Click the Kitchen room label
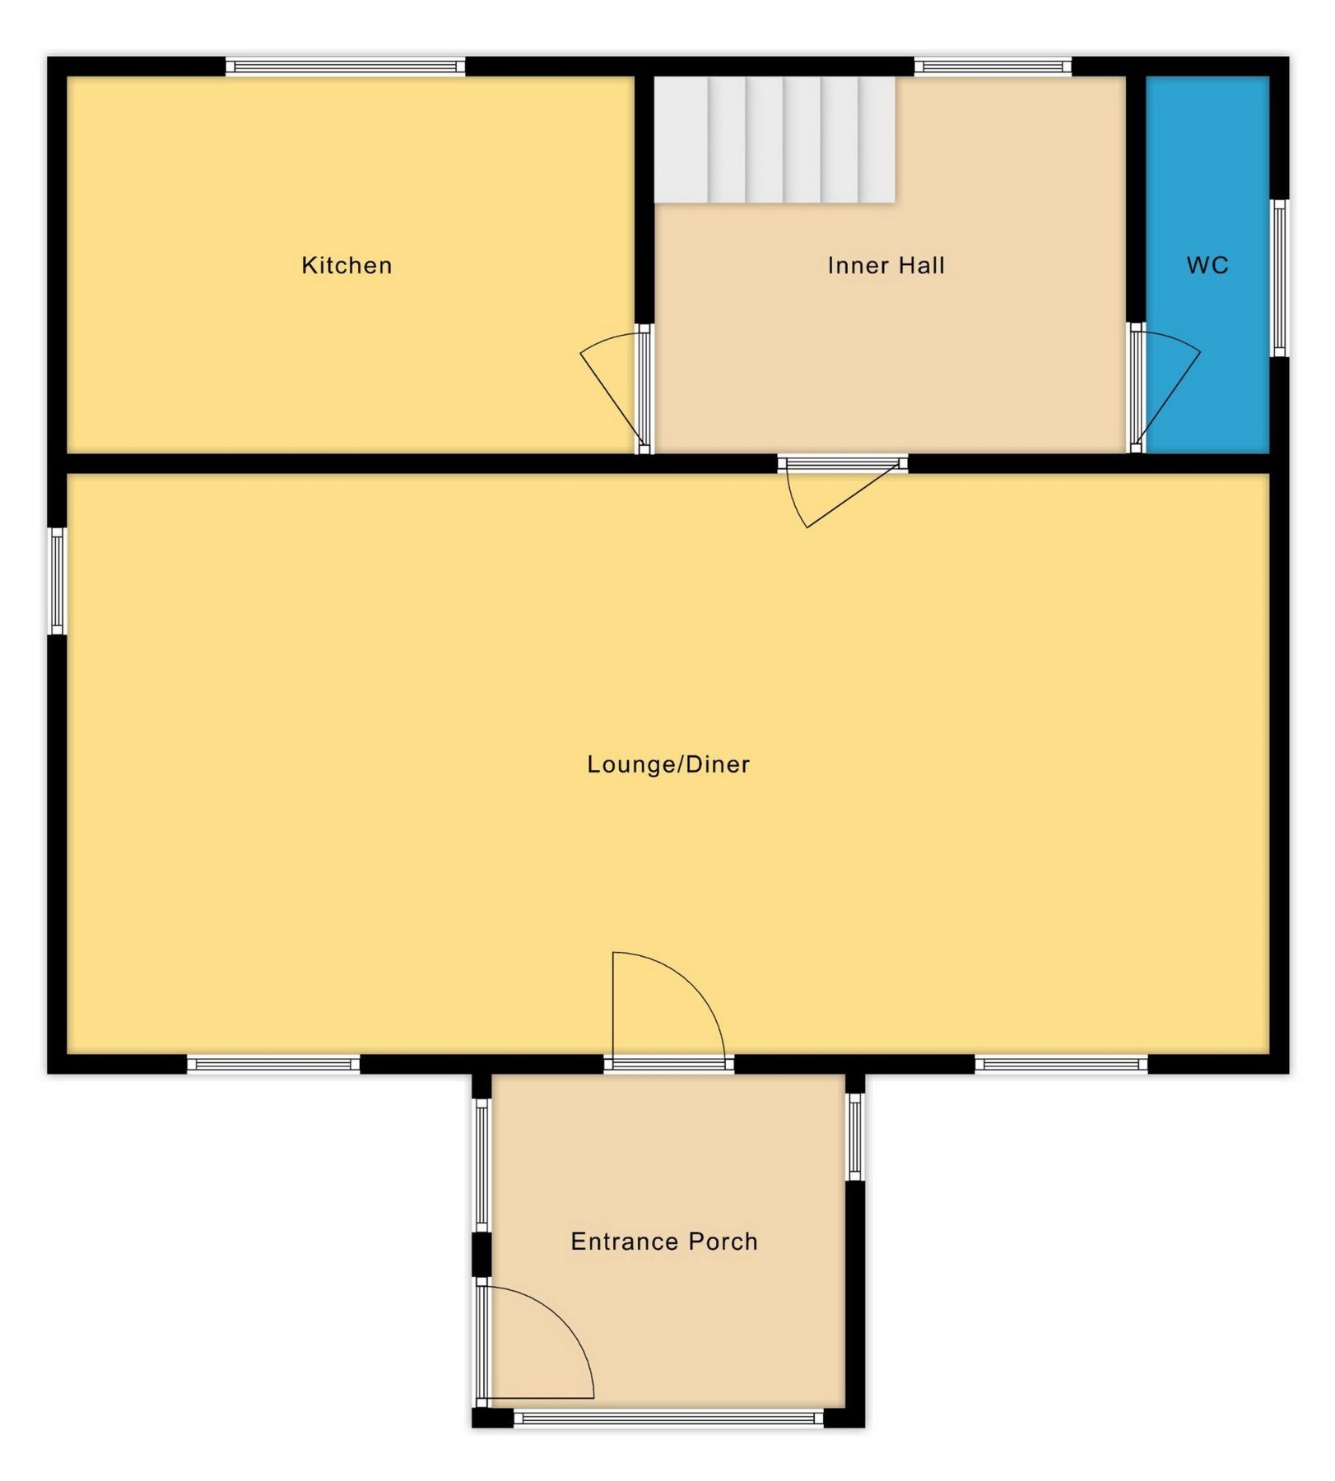tap(347, 265)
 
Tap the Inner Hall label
tap(886, 265)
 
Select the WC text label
tap(1207, 265)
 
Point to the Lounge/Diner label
tap(668, 764)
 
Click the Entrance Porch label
tap(664, 1241)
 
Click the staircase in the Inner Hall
tap(774, 140)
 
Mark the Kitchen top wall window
tap(346, 67)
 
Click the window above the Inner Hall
tap(993, 67)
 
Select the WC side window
tap(1279, 278)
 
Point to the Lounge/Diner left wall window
tap(57, 581)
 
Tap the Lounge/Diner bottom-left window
tap(273, 1065)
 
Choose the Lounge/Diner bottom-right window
tap(1062, 1065)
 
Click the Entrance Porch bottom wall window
tap(668, 1418)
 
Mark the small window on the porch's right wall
tap(855, 1136)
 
